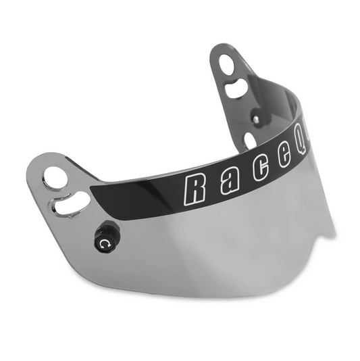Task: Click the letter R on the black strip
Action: click(x=195, y=188)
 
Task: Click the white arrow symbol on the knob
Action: click(x=103, y=241)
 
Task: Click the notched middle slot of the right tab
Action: click(x=237, y=87)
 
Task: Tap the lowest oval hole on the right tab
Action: click(x=251, y=139)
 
